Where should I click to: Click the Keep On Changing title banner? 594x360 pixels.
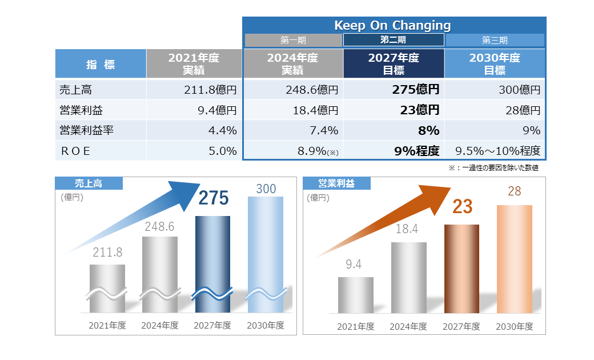tap(392, 25)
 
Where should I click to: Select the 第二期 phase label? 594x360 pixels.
tap(393, 40)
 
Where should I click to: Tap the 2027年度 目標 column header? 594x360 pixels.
tap(393, 64)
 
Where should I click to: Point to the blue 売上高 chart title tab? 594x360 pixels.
tap(89, 183)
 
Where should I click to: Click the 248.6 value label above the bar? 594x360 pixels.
tap(159, 226)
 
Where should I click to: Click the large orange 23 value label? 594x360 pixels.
tap(462, 206)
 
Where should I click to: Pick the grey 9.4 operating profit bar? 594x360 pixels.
tap(355, 295)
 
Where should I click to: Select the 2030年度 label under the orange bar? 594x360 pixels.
tap(514, 327)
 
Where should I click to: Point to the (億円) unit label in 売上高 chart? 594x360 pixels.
tap(72, 198)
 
